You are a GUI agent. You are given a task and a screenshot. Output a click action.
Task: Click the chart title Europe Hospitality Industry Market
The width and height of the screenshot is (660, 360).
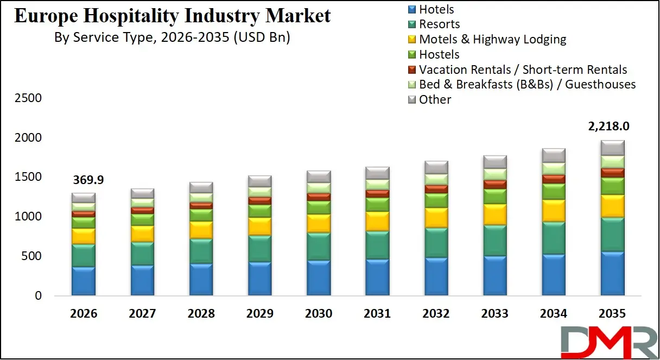point(172,16)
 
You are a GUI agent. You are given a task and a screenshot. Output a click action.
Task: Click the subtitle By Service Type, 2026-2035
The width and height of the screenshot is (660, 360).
point(172,38)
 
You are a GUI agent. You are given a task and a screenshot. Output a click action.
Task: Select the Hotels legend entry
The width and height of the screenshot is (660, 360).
point(436,9)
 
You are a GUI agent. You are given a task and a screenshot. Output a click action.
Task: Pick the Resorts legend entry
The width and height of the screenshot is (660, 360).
point(439,24)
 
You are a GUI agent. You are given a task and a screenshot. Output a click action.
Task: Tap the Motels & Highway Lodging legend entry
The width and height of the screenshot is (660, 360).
point(492,40)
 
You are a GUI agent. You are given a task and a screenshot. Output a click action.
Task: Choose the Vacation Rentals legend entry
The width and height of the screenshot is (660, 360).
point(523,70)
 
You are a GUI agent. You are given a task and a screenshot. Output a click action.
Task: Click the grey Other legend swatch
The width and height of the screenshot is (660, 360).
point(411,100)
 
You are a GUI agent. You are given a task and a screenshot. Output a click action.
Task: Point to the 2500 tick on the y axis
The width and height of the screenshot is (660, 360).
point(28,98)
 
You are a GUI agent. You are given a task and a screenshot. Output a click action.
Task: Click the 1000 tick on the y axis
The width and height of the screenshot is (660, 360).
point(28,217)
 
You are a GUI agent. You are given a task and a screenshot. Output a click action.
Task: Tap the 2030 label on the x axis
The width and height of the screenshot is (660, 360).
point(319,314)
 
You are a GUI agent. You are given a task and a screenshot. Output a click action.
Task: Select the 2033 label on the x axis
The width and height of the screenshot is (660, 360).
point(495,314)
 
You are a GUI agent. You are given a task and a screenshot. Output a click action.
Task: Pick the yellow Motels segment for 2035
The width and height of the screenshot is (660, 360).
point(612,206)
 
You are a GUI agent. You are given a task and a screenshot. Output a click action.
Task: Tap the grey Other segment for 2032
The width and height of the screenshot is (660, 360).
point(436,167)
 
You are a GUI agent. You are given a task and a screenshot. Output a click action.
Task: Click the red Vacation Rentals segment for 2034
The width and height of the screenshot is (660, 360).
point(554,179)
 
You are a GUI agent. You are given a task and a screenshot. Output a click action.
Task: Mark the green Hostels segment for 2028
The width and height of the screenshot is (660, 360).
point(201,215)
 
